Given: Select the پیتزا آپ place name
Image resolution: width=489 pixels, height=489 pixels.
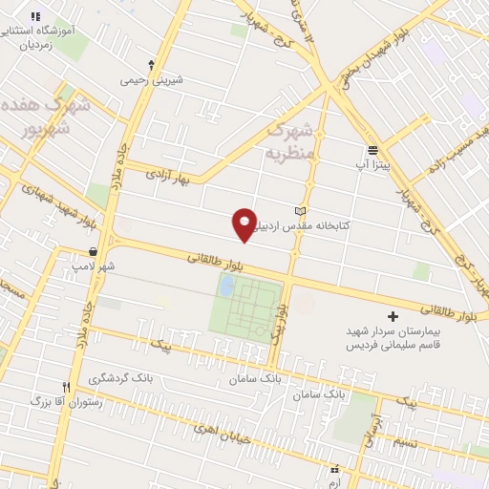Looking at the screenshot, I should [x=372, y=165].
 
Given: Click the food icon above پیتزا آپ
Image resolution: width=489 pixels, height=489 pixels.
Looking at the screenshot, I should [x=372, y=150].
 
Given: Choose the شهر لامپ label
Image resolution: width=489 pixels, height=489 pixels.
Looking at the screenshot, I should [x=96, y=266].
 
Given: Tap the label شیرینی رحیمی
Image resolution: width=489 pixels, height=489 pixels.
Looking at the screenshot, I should [x=143, y=82].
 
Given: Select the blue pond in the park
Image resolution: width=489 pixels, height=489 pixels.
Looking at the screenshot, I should [x=226, y=284].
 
